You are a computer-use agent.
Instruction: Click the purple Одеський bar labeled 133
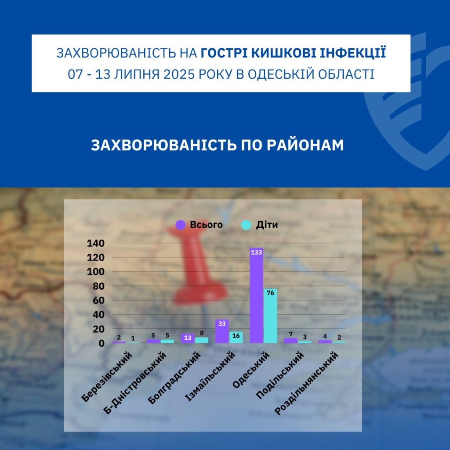256,295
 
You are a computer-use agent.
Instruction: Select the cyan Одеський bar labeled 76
270,316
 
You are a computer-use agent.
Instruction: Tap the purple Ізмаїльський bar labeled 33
222,331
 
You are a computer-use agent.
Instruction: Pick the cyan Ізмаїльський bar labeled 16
236,337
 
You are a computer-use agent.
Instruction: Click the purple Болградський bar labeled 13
187,338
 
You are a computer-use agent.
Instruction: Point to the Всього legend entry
199,225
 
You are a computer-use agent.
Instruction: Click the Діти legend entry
259,225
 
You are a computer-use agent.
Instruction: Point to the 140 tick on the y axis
95,243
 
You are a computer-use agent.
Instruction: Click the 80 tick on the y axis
98,286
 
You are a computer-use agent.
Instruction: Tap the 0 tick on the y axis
102,343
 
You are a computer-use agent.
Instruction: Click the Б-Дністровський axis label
134,383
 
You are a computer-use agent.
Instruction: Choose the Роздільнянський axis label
306,383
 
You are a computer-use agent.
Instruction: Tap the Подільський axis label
279,375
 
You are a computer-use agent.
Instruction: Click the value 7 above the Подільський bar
291,334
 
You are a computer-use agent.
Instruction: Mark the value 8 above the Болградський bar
202,333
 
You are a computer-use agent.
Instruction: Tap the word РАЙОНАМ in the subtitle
305,145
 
